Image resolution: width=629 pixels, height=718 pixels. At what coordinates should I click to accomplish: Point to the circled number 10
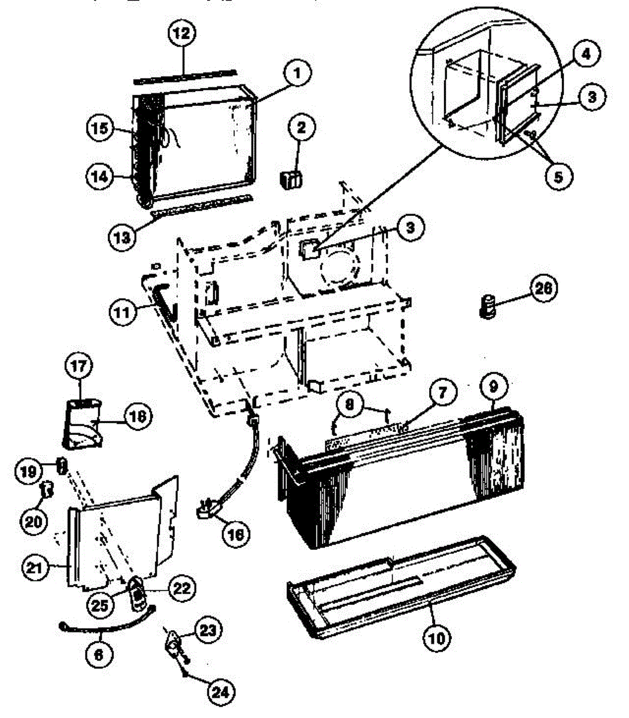click(x=437, y=638)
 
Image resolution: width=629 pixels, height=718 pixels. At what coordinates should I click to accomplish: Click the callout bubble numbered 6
click(x=99, y=653)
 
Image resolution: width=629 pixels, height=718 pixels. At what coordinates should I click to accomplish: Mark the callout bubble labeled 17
click(x=79, y=366)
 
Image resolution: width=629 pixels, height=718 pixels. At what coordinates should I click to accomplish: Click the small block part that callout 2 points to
click(x=291, y=178)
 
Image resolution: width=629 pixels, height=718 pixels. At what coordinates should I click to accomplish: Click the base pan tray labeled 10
click(x=401, y=583)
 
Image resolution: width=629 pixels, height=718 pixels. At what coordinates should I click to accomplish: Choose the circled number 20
click(x=32, y=521)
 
